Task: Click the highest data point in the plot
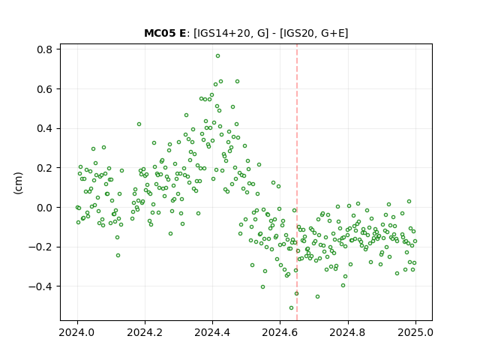(217, 56)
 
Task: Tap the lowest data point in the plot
(291, 308)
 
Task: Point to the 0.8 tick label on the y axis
(44, 49)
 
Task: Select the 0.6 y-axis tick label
(44, 89)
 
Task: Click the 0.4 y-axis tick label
(44, 128)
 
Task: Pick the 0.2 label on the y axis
(44, 168)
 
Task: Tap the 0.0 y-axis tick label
(44, 208)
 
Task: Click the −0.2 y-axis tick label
(40, 247)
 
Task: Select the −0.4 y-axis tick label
(40, 286)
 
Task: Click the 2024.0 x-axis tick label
(77, 332)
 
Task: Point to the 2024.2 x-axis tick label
(145, 332)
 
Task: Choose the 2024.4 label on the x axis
(212, 332)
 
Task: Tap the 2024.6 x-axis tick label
(280, 332)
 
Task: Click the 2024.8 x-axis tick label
(347, 332)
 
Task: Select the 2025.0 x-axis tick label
(415, 332)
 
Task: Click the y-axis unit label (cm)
(18, 183)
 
